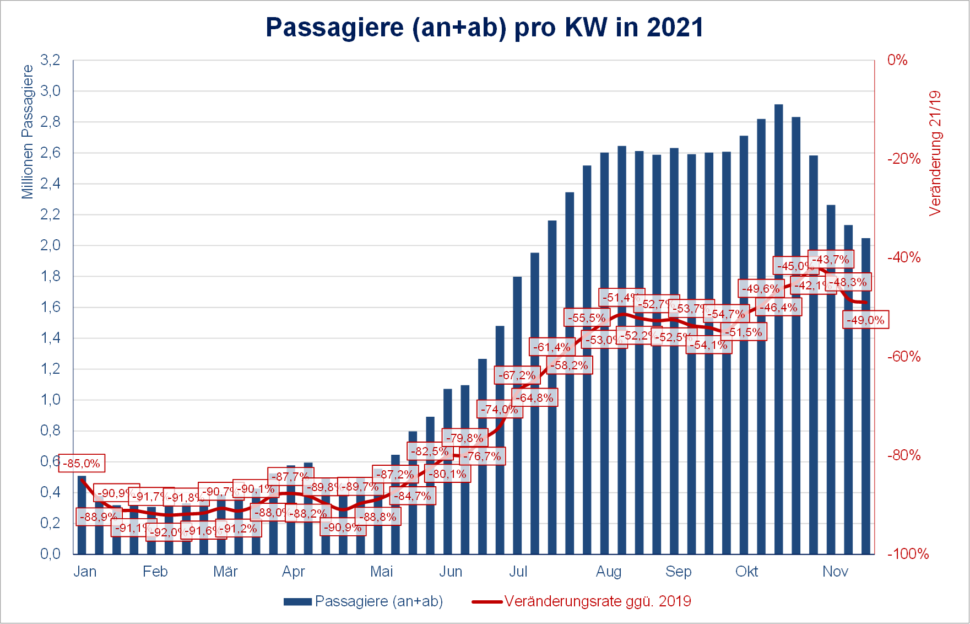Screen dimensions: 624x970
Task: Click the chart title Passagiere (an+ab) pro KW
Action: pyautogui.click(x=484, y=27)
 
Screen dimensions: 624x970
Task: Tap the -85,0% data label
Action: pyautogui.click(x=82, y=463)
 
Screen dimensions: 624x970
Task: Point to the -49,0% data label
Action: pyautogui.click(x=865, y=320)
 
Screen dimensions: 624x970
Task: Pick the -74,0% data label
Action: pyautogui.click(x=499, y=409)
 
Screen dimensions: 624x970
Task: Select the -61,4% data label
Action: pyautogui.click(x=551, y=347)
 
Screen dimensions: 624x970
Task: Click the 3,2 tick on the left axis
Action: pyautogui.click(x=51, y=60)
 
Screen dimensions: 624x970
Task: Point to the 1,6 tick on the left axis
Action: pyautogui.click(x=51, y=307)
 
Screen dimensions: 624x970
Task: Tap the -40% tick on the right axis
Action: pyautogui.click(x=904, y=257)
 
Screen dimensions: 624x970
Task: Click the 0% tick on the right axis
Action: pyautogui.click(x=897, y=60)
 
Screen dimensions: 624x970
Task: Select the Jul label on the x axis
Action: pyautogui.click(x=518, y=572)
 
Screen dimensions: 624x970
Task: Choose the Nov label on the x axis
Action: pyautogui.click(x=835, y=572)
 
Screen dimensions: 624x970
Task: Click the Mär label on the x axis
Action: pyautogui.click(x=225, y=572)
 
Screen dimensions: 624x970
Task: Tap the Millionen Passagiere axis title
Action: pyautogui.click(x=28, y=132)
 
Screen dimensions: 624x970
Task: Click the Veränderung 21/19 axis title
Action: pyautogui.click(x=935, y=153)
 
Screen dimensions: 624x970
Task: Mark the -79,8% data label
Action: pyautogui.click(x=464, y=438)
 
